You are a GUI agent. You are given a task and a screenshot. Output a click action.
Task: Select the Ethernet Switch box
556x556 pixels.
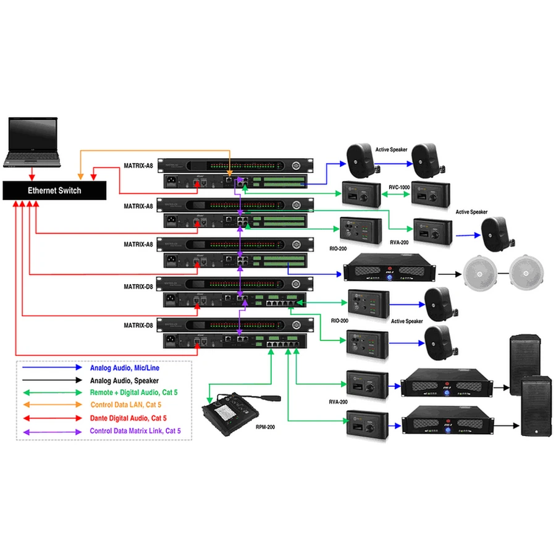click(x=54, y=190)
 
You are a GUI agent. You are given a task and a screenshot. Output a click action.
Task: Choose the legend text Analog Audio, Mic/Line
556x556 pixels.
click(x=125, y=368)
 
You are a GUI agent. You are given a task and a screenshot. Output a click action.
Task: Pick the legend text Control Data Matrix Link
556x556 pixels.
click(x=136, y=431)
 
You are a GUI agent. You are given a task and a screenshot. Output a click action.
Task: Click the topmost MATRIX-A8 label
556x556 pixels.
click(x=139, y=166)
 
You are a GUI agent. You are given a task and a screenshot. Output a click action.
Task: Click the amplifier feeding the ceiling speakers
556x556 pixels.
click(x=389, y=271)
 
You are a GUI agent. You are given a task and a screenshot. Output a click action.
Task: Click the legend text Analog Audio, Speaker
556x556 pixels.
click(x=124, y=381)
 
